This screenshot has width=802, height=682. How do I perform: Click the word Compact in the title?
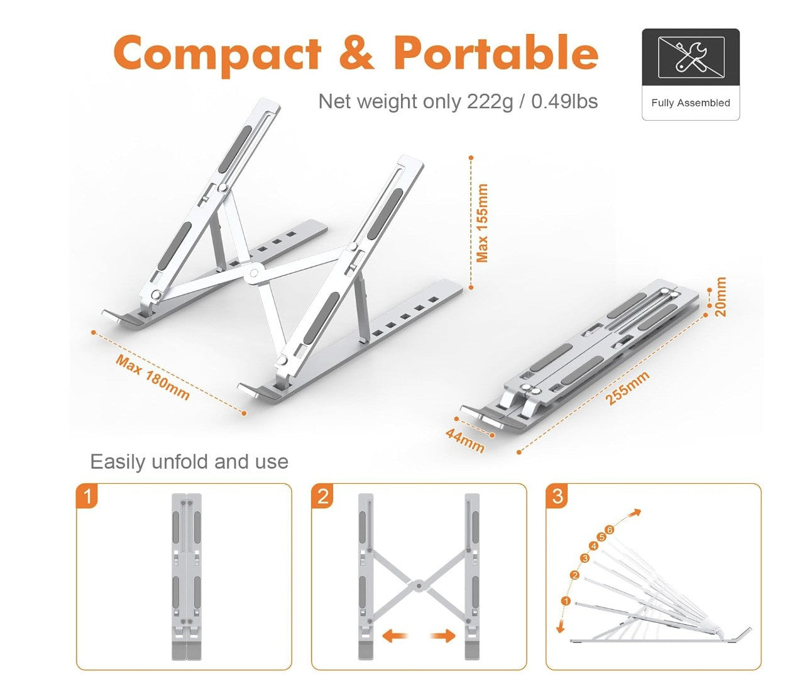(x=217, y=53)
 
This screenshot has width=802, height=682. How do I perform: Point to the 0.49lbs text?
(x=564, y=101)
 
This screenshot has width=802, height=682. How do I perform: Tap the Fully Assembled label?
(x=690, y=103)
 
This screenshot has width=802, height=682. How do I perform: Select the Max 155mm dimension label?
(x=482, y=223)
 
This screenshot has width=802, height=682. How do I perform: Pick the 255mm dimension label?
(x=627, y=388)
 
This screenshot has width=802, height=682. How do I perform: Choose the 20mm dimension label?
(x=720, y=296)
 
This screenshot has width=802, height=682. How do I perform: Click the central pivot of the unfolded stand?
(x=254, y=272)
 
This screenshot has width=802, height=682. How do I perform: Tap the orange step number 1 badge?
(x=87, y=496)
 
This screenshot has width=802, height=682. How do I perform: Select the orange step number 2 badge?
(x=322, y=496)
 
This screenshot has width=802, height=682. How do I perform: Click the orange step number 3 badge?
(x=558, y=496)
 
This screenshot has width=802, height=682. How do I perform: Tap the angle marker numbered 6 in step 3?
(x=608, y=530)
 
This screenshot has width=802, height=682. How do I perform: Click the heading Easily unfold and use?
(x=189, y=462)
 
